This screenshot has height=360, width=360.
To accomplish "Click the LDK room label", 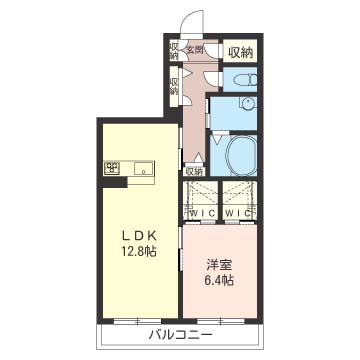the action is pyautogui.click(x=138, y=236).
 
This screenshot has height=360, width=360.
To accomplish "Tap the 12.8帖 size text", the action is pyautogui.click(x=138, y=251).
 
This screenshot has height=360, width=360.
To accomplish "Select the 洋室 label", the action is pyautogui.click(x=219, y=267).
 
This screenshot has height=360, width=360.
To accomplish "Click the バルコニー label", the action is pyautogui.click(x=180, y=335).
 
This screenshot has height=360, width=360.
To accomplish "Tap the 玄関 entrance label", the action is pyautogui.click(x=195, y=50).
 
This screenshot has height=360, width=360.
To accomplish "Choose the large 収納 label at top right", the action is pyautogui.click(x=240, y=52).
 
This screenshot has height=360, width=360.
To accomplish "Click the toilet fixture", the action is pyautogui.click(x=246, y=80).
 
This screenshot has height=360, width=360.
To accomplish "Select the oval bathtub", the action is pyautogui.click(x=241, y=155).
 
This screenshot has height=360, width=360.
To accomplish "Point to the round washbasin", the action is pyautogui.click(x=248, y=103).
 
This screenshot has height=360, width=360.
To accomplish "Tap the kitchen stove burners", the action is pyautogui.click(x=112, y=167).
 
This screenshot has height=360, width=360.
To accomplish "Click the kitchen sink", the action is pyautogui.click(x=144, y=168).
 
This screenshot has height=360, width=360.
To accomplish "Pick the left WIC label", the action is pyautogui.click(x=200, y=213).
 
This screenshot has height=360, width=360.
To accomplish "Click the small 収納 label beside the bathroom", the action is pyautogui.click(x=194, y=172).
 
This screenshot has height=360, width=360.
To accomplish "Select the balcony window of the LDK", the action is pyautogui.click(x=138, y=321).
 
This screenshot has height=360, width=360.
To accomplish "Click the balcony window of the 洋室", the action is pyautogui.click(x=220, y=321).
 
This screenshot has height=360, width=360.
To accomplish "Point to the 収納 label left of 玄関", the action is pyautogui.click(x=174, y=50).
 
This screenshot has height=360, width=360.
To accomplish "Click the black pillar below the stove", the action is pyautogui.click(x=115, y=181).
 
